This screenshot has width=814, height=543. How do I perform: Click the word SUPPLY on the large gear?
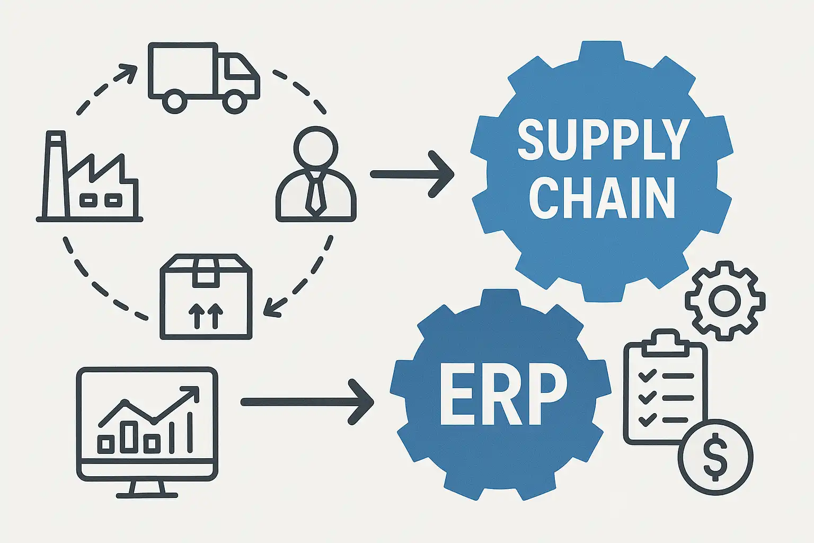tap(603, 139)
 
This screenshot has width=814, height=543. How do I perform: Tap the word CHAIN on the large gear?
tap(602, 198)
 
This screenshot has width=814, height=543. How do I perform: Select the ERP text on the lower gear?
tap(503, 399)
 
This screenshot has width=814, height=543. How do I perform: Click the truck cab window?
tap(238, 68)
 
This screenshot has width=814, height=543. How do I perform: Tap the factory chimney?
tap(56, 175)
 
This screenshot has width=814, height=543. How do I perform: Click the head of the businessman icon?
tap(316, 148)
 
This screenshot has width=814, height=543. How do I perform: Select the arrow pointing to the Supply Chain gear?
tap(412, 174)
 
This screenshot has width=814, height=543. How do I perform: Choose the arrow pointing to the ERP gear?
tap(307, 401)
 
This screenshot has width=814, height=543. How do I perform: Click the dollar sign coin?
tap(715, 457)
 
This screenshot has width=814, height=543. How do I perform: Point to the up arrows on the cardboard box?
tap(206, 316)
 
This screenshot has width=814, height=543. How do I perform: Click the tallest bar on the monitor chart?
tap(189, 432)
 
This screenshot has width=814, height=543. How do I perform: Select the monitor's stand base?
tap(147, 495)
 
